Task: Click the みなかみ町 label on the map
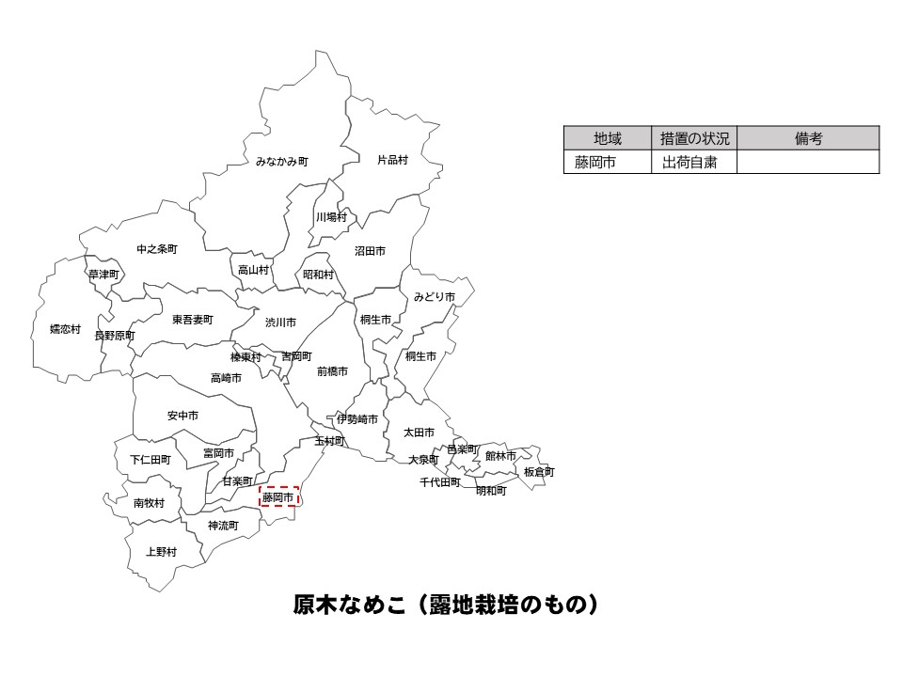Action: coord(281,162)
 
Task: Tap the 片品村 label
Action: coord(392,160)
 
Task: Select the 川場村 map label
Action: coord(331,217)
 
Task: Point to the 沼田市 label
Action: coord(370,251)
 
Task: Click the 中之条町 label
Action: coord(156,249)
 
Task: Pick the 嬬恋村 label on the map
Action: coord(65,329)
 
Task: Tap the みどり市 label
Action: coord(434,297)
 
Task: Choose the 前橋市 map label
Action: coord(332,371)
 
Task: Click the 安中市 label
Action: coord(182,415)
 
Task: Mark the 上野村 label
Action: coord(161,552)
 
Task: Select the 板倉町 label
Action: coord(539,471)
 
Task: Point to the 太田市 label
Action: coord(419,433)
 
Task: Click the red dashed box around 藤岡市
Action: coord(278,496)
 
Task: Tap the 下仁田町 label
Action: coord(150,460)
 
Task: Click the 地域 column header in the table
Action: coord(608,138)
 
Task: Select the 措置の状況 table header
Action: coord(694,138)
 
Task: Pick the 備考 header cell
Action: coord(808,138)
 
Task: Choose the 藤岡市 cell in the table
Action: coord(595,162)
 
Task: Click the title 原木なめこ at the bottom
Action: coord(446,605)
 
